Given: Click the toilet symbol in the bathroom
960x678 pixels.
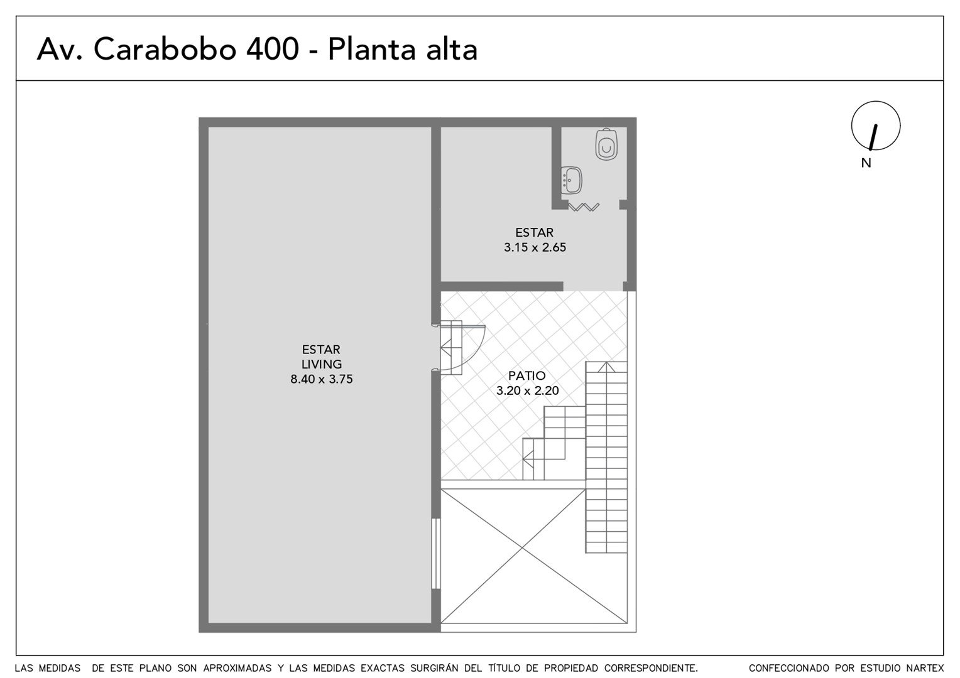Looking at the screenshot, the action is coord(606,144).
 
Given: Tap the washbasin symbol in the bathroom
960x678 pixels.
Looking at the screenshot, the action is coord(571,180).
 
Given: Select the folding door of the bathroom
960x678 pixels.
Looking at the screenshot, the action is coord(584,207).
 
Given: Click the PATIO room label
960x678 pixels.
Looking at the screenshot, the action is coord(526,375).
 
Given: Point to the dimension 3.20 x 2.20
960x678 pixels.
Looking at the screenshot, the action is coord(528,390).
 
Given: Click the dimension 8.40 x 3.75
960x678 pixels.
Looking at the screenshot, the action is coord(322,379).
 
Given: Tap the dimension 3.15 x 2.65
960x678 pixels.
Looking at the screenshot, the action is coord(535,247).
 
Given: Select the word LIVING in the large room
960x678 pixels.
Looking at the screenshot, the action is coord(322,364).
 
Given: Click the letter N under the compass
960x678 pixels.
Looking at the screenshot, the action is coord(866,163).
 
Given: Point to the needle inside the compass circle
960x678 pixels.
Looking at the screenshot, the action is coord(873,137).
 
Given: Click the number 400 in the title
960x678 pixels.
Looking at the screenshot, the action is coord(273,49).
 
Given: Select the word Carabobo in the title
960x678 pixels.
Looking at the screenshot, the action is coord(165,49).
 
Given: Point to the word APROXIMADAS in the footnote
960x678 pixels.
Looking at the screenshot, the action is coord(237,668).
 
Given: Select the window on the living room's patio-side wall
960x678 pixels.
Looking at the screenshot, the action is coord(436,554).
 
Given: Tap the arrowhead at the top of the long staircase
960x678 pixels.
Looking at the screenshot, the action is coord(606,367).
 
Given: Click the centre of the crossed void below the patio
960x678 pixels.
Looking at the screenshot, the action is coord(513,556).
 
